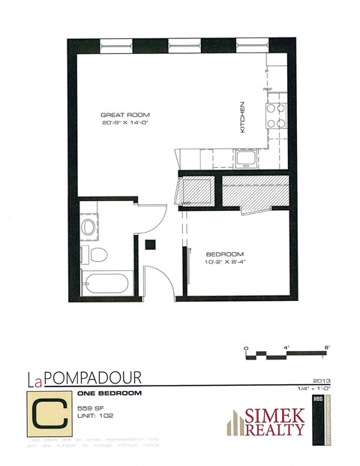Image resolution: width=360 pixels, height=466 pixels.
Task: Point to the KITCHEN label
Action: (x=242, y=117)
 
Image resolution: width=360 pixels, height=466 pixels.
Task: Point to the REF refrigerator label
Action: (x=267, y=89)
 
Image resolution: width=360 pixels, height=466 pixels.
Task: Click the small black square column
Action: (x=151, y=243)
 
